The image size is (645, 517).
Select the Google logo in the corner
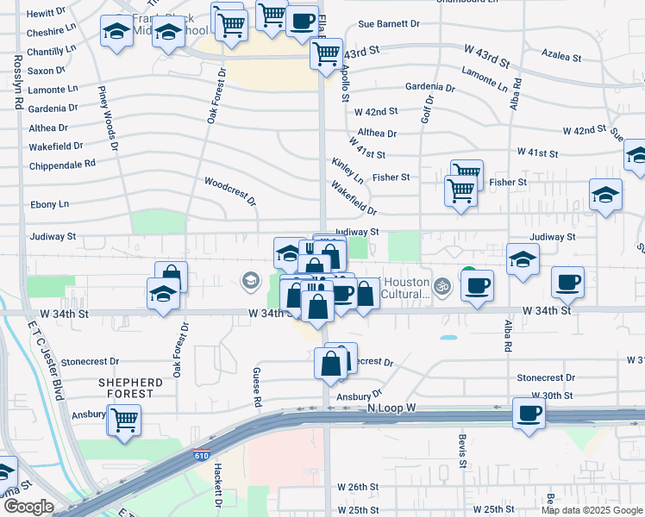pyautogui.click(x=28, y=507)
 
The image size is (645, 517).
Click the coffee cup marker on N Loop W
pyautogui.click(x=529, y=414)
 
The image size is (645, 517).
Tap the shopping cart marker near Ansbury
pyautogui.click(x=125, y=420)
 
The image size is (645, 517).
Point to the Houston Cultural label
pyautogui.click(x=405, y=288)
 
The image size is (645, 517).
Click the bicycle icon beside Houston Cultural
pyautogui.click(x=442, y=285)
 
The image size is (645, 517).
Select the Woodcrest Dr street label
pyautogui.click(x=230, y=190)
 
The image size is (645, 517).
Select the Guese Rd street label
pyautogui.click(x=256, y=385)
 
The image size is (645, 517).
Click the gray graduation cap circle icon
pyautogui.click(x=250, y=279)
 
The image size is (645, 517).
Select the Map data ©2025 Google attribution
pyautogui.click(x=591, y=510)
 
